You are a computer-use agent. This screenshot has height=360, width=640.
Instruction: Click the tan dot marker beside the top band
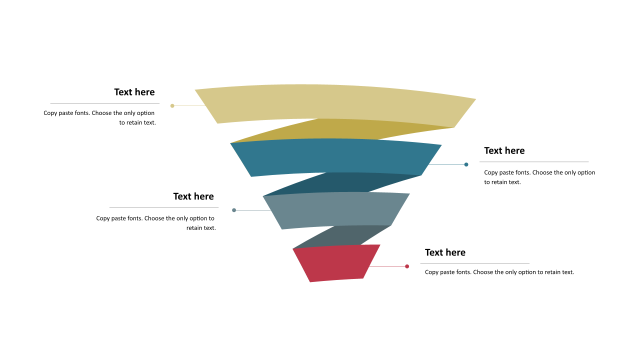[172, 106]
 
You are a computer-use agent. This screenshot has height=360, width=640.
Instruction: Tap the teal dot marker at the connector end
[466, 164]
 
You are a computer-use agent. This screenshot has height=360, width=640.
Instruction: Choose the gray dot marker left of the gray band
[234, 210]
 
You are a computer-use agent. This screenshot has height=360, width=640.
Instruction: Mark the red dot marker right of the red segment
[407, 266]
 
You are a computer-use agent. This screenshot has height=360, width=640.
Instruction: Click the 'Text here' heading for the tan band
[134, 92]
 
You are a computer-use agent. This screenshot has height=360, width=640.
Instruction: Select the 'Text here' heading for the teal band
[504, 150]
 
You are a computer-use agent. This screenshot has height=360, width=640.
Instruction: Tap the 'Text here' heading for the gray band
[193, 196]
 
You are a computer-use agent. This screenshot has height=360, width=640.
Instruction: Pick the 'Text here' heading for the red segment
[445, 252]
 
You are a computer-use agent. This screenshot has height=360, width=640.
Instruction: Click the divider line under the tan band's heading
[105, 103]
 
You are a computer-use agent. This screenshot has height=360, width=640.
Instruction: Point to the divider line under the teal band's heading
[534, 162]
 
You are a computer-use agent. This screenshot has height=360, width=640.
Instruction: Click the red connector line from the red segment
[387, 266]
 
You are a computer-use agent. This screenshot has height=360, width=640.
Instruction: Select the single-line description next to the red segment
[499, 272]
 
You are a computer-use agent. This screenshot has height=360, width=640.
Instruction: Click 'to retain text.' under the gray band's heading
[201, 228]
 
